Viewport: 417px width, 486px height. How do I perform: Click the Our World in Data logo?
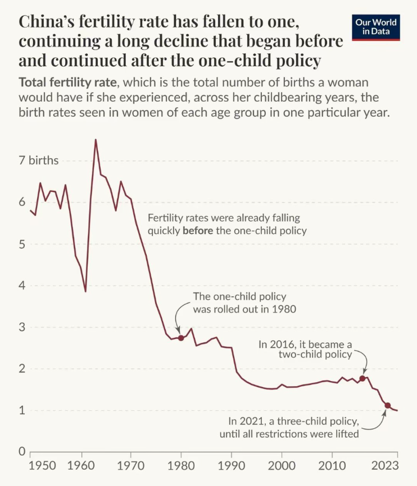tap(376, 26)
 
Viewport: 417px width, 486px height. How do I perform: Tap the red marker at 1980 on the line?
tap(181, 338)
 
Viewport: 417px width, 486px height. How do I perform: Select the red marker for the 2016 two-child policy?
tap(362, 378)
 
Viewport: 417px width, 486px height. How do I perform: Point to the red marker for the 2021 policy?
tap(388, 405)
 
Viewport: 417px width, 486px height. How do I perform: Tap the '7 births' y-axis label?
tap(39, 161)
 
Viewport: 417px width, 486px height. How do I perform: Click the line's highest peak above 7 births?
tap(96, 140)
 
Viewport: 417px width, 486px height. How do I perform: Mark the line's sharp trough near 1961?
tap(85, 291)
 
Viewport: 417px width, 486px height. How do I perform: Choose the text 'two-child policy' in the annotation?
tap(315, 354)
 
